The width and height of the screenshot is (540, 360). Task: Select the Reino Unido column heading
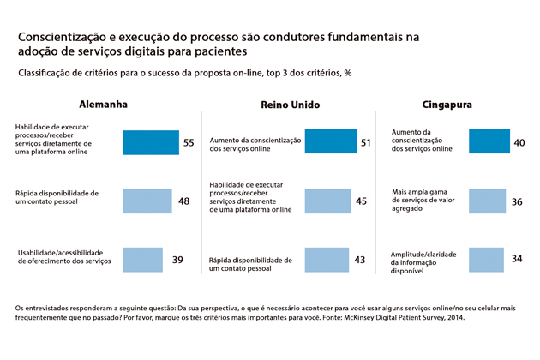[x=290, y=105]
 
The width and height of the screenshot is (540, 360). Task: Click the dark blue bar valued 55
[x=150, y=141]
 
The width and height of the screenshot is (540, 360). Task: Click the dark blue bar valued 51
[x=330, y=141]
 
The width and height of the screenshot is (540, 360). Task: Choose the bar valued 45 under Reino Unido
[x=327, y=201]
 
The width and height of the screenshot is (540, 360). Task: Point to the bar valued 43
[x=325, y=259]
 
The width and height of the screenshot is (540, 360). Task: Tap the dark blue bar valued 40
[x=487, y=141]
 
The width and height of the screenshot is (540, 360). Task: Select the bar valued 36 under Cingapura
[x=485, y=201]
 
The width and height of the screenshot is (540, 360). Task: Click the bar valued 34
[x=484, y=259]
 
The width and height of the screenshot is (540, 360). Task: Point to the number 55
[x=189, y=142]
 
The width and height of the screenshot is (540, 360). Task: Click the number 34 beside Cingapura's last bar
[x=516, y=260]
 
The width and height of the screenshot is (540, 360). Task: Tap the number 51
[x=366, y=142]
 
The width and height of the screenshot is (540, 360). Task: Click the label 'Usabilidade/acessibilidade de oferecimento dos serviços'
[x=58, y=257]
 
